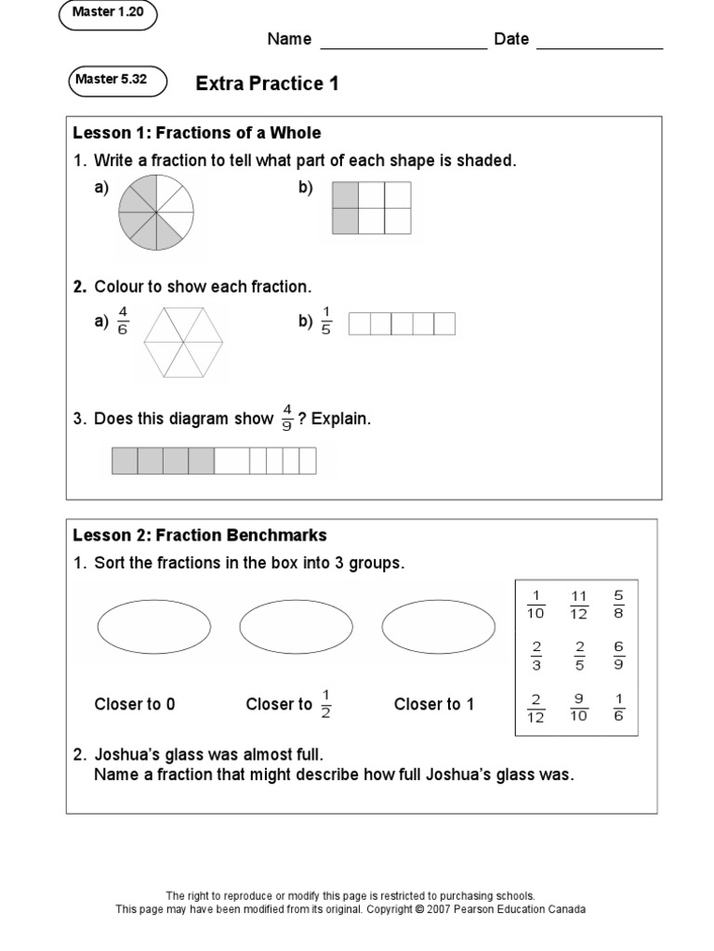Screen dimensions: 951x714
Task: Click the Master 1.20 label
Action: [108, 15]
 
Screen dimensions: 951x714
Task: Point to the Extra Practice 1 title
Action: [267, 85]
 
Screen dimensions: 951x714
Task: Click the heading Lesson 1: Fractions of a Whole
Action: [197, 133]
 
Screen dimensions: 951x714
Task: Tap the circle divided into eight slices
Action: [155, 213]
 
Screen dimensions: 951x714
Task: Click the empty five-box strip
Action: [402, 323]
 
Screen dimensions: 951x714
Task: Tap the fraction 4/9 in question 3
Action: [287, 419]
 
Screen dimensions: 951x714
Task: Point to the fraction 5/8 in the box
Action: [618, 604]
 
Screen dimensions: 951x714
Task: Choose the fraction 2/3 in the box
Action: [535, 656]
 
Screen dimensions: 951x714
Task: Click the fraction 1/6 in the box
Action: [618, 708]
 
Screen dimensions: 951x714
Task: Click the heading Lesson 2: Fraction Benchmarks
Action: [200, 536]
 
